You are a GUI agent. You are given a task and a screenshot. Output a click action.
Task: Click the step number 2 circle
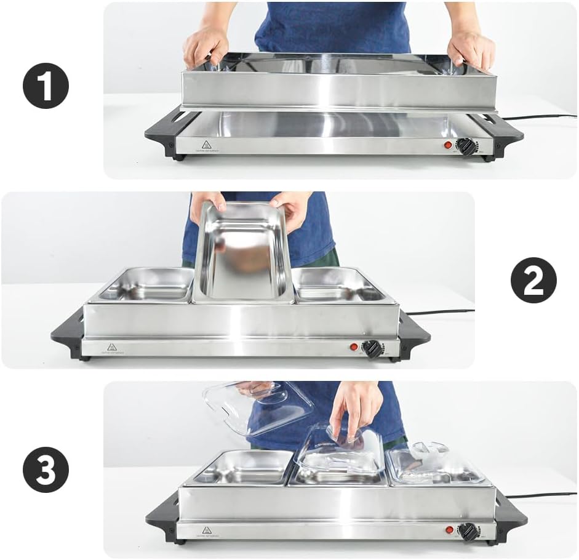point(533,280)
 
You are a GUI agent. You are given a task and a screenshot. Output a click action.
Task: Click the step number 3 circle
point(46,471)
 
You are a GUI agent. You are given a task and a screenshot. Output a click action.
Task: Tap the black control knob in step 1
point(466,146)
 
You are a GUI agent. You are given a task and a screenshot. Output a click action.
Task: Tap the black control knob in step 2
point(372,348)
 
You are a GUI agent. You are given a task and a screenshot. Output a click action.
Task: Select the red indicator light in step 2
point(354,347)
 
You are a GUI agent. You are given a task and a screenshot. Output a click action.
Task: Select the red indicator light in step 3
point(450,530)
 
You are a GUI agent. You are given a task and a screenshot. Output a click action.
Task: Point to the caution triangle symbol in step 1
point(207,145)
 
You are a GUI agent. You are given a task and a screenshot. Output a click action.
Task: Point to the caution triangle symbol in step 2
point(112,347)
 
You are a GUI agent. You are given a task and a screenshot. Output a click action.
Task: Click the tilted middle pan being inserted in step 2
point(244,252)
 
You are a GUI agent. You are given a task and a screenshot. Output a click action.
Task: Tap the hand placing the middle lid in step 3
point(355,407)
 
